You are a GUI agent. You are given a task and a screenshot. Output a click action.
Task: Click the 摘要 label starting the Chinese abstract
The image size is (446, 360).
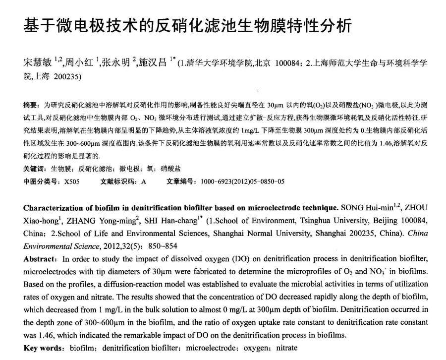pos(30,105)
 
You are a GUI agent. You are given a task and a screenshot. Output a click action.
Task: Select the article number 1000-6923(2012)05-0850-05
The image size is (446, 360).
pos(242,181)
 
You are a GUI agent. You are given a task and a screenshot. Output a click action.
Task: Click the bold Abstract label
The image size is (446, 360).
pos(40,259)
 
